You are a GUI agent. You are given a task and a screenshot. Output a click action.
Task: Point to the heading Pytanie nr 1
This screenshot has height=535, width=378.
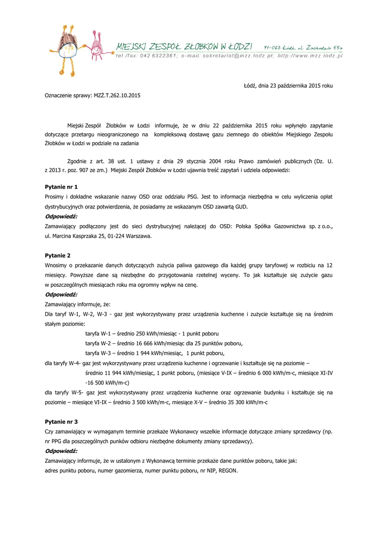tap(62, 187)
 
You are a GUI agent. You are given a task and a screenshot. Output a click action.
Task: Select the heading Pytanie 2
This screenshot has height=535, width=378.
tap(58, 255)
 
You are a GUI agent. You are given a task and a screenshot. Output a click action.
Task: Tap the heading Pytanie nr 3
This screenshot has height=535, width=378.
tap(62, 421)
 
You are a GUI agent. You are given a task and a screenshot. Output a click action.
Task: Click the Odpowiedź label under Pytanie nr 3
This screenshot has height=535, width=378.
tap(61, 451)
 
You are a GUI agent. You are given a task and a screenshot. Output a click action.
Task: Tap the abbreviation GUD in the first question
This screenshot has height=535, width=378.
tap(241, 206)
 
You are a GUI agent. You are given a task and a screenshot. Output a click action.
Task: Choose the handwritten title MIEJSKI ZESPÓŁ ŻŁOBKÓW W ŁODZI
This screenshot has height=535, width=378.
tap(185, 47)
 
